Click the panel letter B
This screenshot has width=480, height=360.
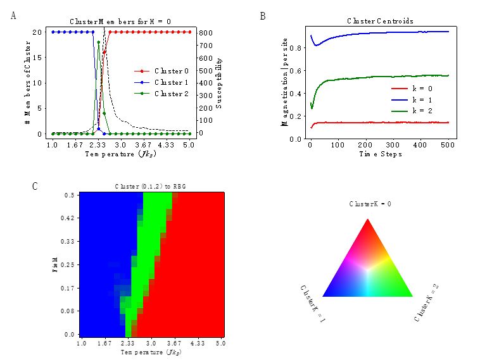(x=263, y=16)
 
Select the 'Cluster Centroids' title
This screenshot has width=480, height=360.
(x=380, y=21)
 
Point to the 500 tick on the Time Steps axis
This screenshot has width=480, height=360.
(x=448, y=146)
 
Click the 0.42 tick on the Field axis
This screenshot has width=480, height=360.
(x=70, y=218)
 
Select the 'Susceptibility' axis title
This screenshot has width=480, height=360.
(x=219, y=83)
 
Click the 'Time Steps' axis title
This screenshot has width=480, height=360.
(x=380, y=154)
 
